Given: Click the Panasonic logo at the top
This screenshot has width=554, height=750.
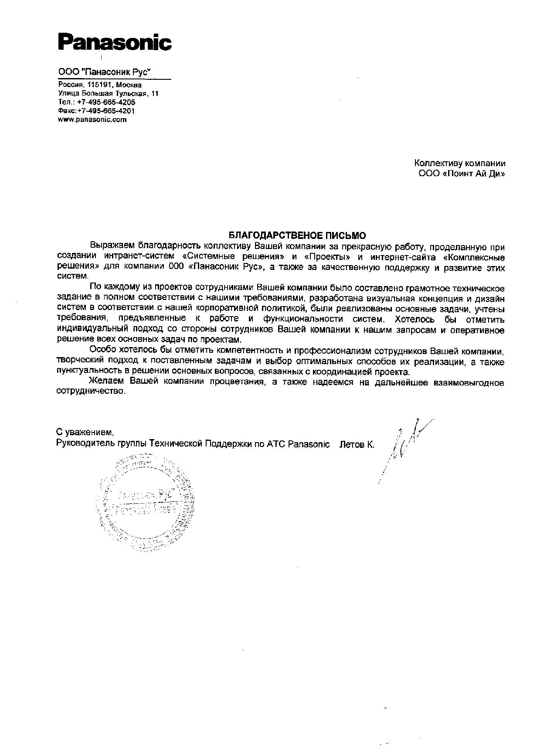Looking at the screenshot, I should [x=114, y=43].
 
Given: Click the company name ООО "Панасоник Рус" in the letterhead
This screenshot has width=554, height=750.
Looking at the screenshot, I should [x=105, y=72].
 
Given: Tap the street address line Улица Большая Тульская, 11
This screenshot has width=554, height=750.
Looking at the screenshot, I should [x=108, y=93].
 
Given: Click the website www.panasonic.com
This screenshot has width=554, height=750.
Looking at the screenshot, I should [x=92, y=119].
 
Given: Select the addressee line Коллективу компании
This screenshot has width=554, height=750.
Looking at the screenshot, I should [x=459, y=164].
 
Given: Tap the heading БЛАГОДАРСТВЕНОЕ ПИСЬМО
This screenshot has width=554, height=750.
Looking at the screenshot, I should [x=298, y=236].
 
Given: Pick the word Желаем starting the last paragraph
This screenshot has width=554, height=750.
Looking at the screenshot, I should [x=104, y=382].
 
